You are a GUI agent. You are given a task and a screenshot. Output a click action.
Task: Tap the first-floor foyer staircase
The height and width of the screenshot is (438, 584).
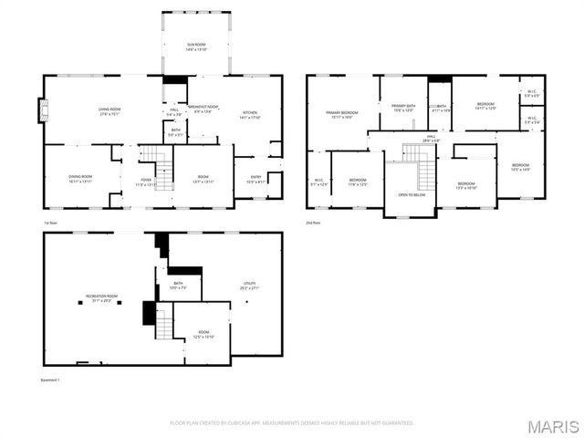pyautogui.click(x=161, y=168)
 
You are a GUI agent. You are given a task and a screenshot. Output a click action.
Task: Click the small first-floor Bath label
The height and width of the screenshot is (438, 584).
pyautogui.click(x=175, y=132)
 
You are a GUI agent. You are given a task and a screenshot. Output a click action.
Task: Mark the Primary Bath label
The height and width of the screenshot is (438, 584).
pyautogui.click(x=403, y=108)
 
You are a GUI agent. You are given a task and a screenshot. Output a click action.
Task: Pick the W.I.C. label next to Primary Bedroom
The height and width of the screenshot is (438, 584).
pyautogui.click(x=318, y=182)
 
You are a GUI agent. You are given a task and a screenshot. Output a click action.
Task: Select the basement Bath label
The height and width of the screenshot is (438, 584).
pyautogui.click(x=179, y=285)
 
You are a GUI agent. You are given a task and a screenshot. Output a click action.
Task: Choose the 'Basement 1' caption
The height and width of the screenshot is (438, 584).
pyautogui.click(x=51, y=380)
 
